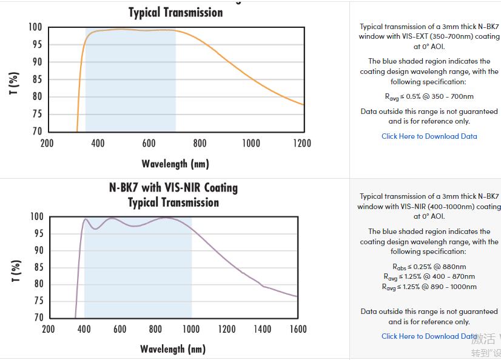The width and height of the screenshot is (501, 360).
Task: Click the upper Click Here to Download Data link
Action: coord(429,136)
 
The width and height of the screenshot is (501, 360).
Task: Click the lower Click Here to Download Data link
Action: coord(429,336)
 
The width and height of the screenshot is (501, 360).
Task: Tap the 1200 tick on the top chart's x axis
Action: coord(301,144)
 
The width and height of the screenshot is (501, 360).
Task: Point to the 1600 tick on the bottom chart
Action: coord(297,329)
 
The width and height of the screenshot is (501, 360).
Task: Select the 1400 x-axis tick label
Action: coord(262,329)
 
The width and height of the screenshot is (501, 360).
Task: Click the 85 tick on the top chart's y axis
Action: coord(36,79)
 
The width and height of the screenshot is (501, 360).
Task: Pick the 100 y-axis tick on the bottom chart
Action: coord(38,217)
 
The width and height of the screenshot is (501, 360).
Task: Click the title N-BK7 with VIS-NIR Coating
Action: coord(173,188)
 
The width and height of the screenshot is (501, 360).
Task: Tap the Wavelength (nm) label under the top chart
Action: coord(175,164)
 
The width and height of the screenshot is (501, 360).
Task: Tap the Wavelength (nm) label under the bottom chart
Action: coord(173,349)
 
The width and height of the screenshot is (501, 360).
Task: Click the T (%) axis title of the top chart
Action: coord(15,83)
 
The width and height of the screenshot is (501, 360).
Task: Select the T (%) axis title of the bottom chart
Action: coord(16,271)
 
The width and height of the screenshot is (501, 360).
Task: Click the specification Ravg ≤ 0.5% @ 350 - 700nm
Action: coord(429,96)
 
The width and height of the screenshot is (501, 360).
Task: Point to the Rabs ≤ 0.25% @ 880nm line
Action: coord(429,267)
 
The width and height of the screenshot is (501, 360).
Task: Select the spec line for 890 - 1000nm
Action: coord(429,287)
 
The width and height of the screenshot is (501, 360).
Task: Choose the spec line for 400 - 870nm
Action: coord(429,277)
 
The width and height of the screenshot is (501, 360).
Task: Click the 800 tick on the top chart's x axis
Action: coord(200,144)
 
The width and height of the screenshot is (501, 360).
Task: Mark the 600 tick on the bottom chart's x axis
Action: coord(120,329)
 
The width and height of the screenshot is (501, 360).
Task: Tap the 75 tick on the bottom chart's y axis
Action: coord(38,301)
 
